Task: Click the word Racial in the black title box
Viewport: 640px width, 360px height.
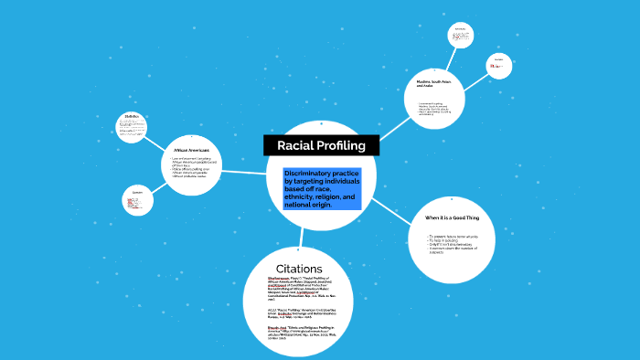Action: [298, 145]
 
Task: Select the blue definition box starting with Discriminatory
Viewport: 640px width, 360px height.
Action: [323, 189]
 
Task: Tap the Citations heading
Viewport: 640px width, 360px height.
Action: [299, 268]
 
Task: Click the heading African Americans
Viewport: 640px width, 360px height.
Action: [191, 149]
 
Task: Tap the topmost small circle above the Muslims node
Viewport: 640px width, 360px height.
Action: [460, 36]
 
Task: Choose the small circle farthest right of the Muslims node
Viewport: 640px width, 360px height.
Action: [499, 66]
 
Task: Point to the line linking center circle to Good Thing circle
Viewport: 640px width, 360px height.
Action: [389, 211]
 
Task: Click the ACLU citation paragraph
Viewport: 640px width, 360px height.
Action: [299, 312]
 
